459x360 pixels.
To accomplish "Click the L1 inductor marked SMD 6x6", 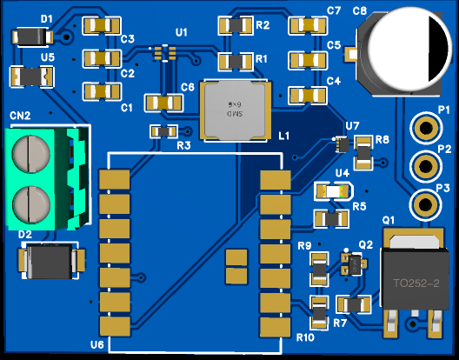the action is point(236,110).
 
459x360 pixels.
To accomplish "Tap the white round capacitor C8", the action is point(407,49).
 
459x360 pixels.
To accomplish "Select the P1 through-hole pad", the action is point(426,128).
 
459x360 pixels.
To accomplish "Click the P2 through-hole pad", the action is point(426,166).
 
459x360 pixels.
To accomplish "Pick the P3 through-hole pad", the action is point(425,204).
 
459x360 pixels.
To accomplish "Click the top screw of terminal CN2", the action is point(30,153).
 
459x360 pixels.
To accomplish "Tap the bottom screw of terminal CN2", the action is point(31,204).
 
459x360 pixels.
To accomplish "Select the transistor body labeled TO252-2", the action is point(416,278).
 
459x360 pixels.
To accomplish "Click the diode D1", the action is point(32,37).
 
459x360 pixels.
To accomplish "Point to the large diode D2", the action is point(51,261).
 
